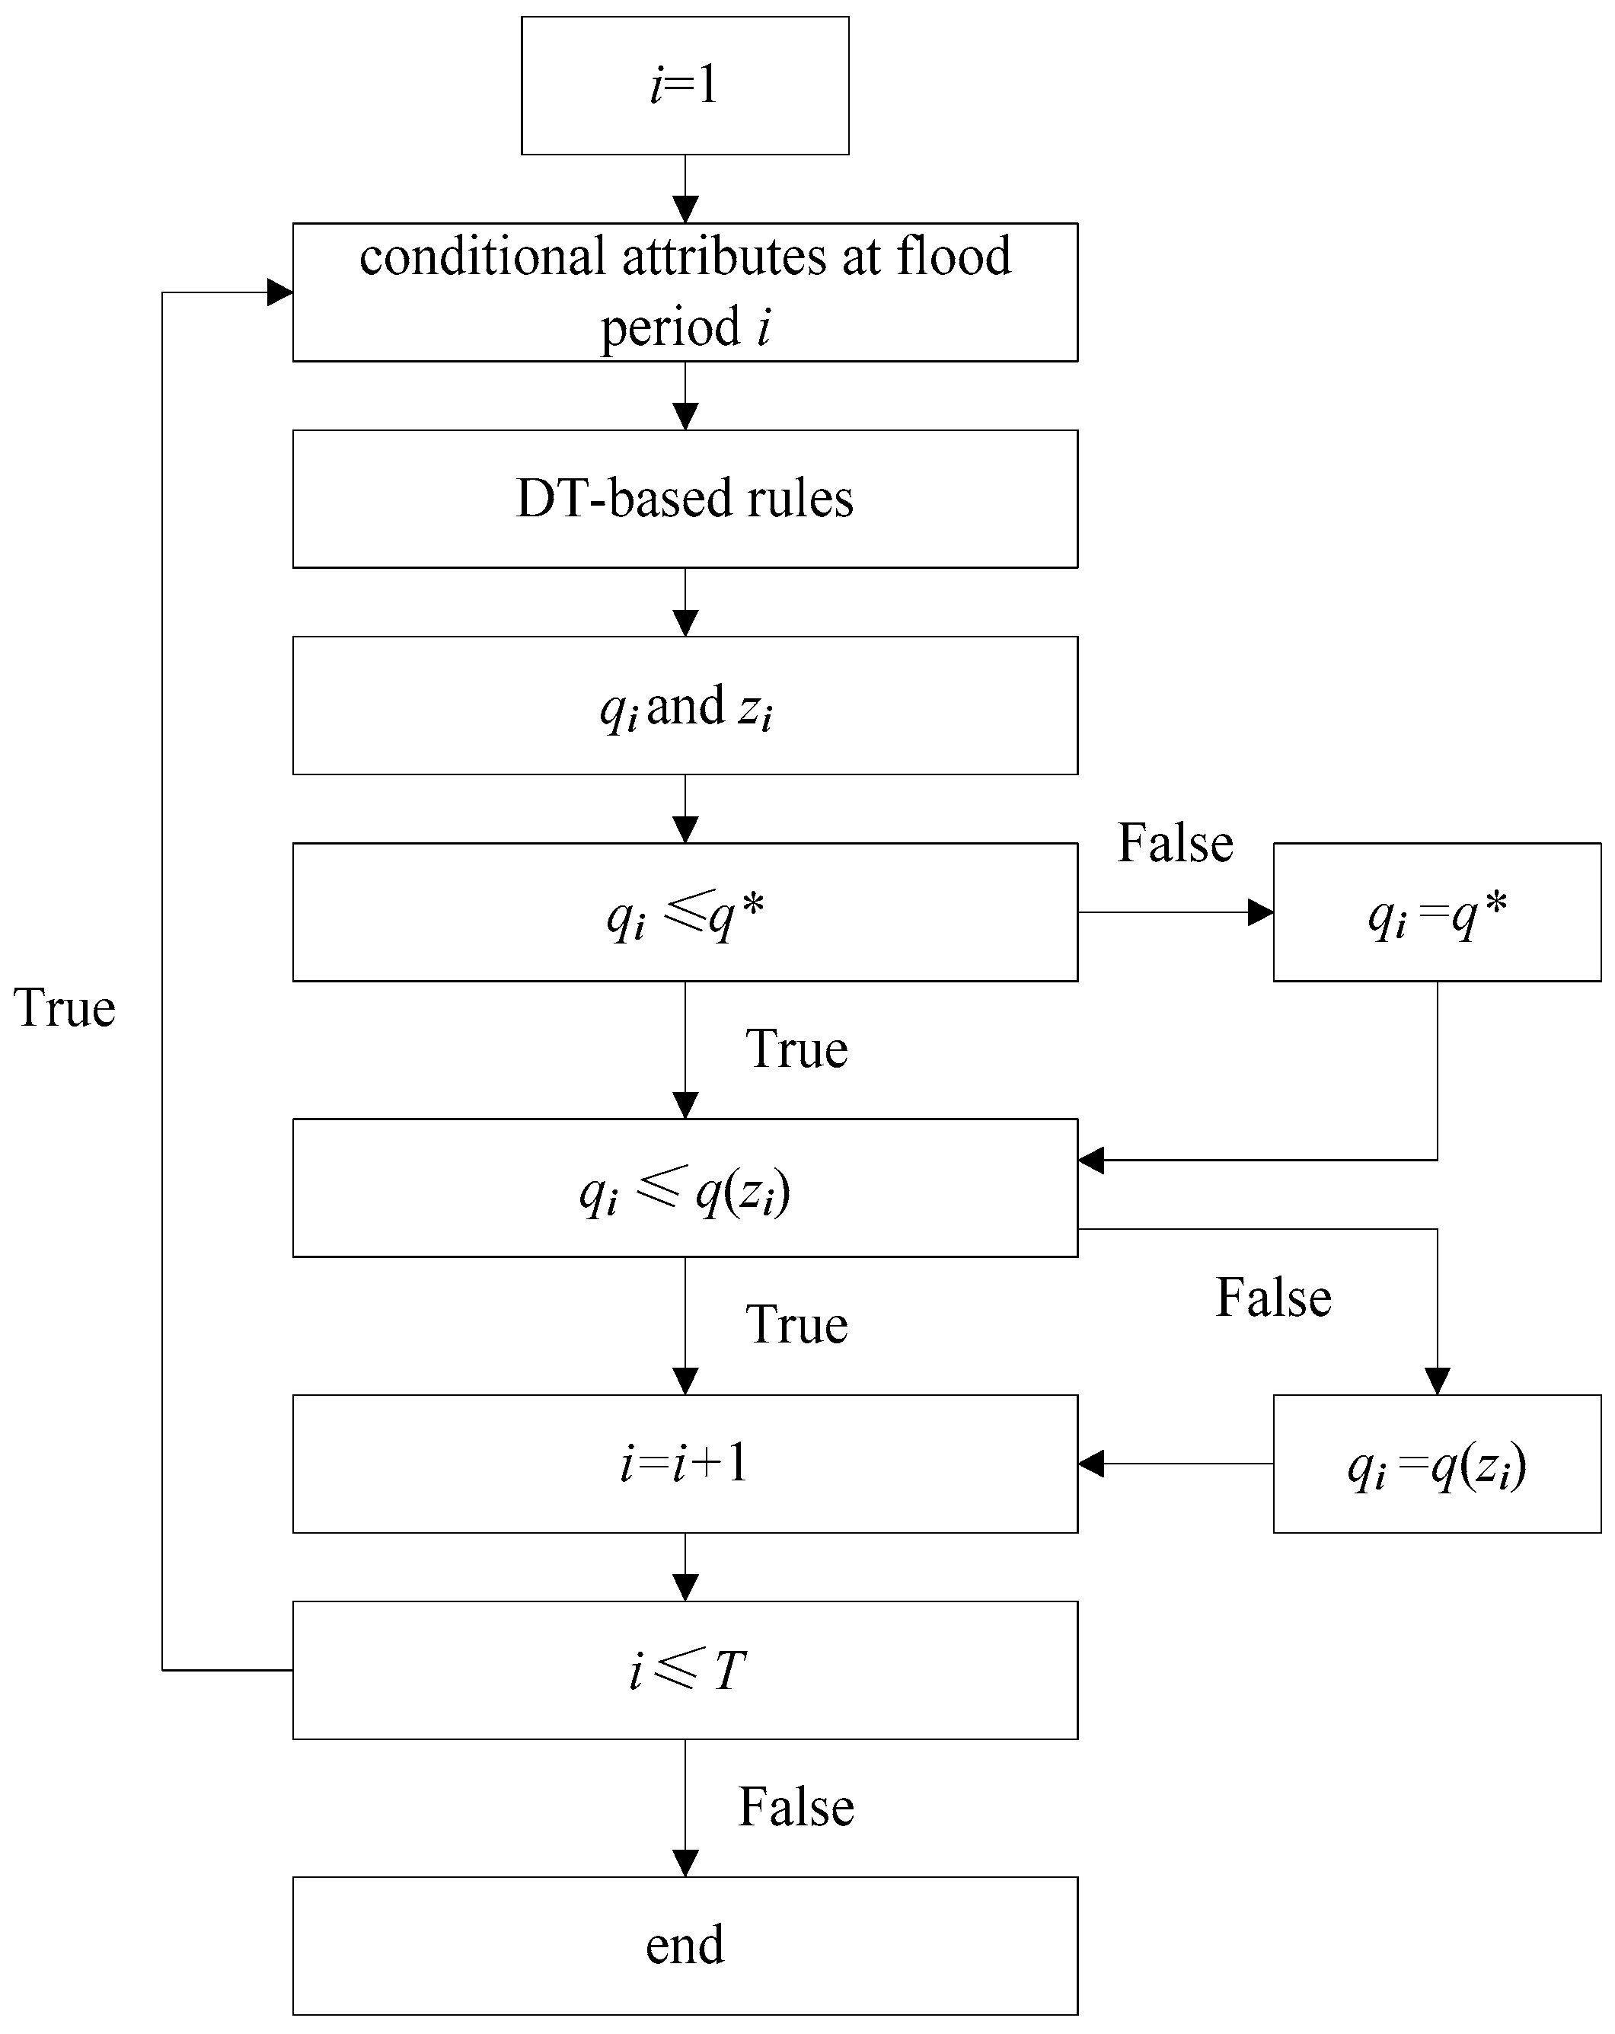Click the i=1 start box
684,85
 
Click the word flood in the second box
953,257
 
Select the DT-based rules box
684,498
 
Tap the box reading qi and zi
684,706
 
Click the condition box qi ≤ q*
684,912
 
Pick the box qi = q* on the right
1436,912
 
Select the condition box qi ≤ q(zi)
684,1189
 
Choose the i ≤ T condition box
684,1670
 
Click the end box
684,1946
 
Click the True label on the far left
64,1007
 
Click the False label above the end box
795,1806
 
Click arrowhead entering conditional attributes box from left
280,292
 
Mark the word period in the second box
670,327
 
